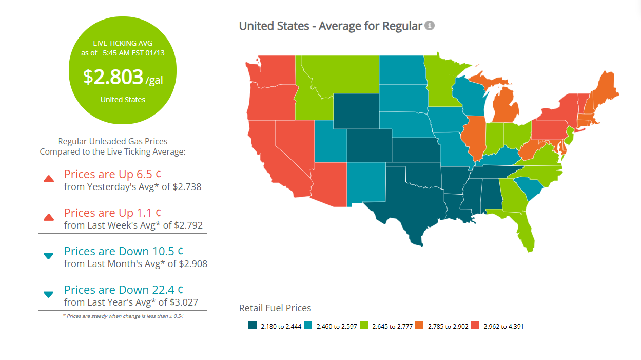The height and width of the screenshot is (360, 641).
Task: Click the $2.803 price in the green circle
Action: pyautogui.click(x=113, y=77)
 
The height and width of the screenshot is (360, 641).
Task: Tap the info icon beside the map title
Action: pyautogui.click(x=430, y=25)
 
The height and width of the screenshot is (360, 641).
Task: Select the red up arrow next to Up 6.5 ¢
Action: pyautogui.click(x=49, y=179)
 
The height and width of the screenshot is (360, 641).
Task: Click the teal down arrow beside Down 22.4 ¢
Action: pyautogui.click(x=49, y=295)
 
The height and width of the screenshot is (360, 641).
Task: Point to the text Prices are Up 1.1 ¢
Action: pyautogui.click(x=113, y=212)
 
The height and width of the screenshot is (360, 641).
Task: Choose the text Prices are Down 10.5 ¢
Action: pyautogui.click(x=124, y=251)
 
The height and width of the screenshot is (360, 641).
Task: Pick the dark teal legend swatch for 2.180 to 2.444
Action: pyautogui.click(x=252, y=326)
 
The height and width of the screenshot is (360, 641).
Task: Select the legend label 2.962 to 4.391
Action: pyautogui.click(x=503, y=326)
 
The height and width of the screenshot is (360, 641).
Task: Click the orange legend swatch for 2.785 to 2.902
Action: pyautogui.click(x=419, y=326)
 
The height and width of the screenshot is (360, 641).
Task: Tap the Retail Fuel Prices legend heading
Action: pyautogui.click(x=275, y=308)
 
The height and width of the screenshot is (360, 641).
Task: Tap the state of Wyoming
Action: pyautogui.click(x=356, y=111)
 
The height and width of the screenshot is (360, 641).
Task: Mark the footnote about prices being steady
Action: pyautogui.click(x=123, y=316)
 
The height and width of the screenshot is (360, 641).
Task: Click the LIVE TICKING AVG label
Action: pyautogui.click(x=123, y=44)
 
